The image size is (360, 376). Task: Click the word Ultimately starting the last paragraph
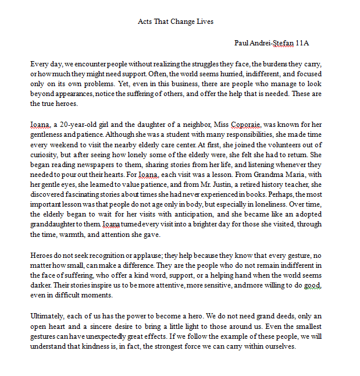point(48,315)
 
